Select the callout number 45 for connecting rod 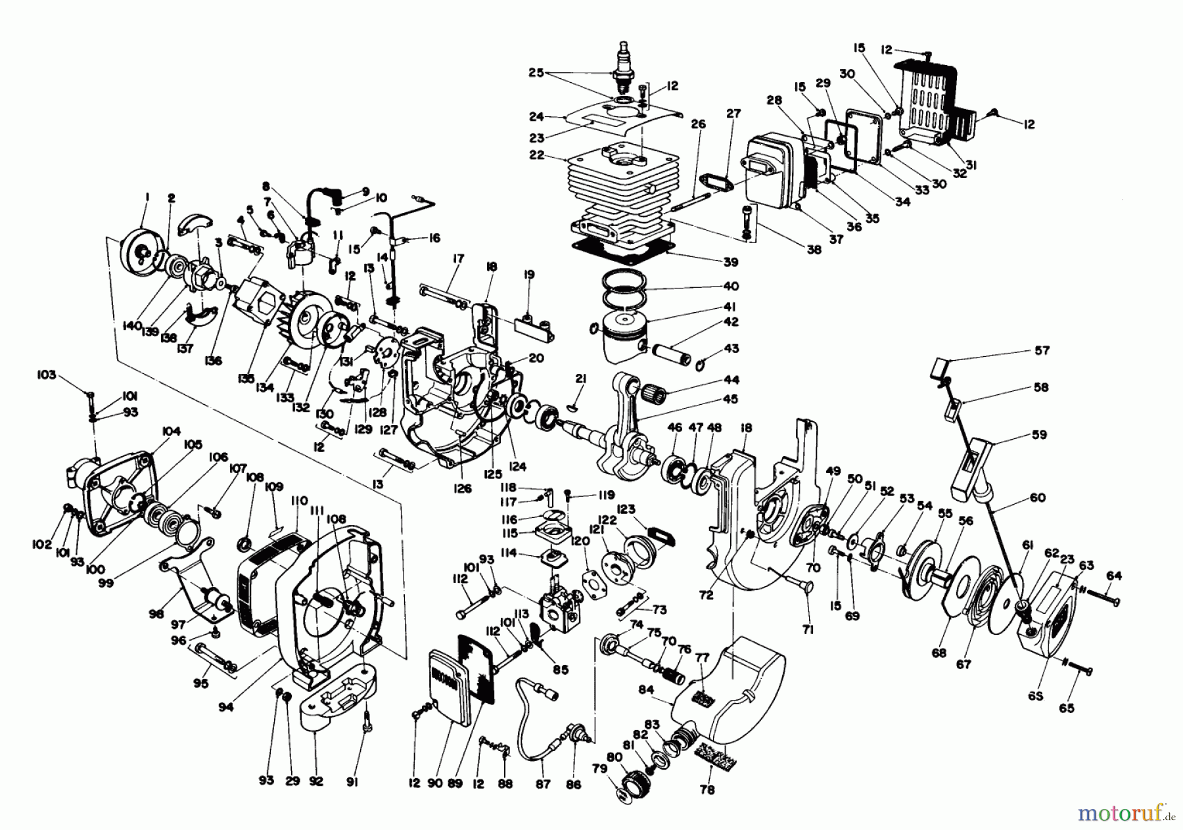(730, 399)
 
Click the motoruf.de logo (1141, 812)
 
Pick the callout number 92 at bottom (317, 781)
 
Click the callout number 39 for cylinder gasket (730, 262)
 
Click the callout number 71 (808, 630)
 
